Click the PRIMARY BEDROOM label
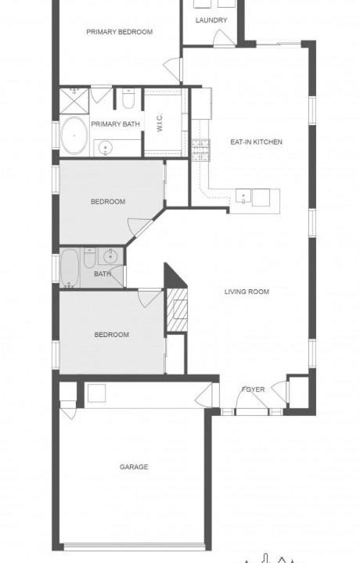tap(119, 32)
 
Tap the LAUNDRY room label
tap(211, 20)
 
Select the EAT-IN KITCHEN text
tap(256, 142)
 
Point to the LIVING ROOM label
tap(247, 292)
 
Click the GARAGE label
tap(134, 467)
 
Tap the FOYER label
tap(254, 389)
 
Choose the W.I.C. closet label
tap(160, 123)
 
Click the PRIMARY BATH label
tap(115, 124)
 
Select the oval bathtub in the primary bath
tap(74, 135)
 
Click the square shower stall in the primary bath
tap(74, 101)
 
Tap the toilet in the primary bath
tap(128, 99)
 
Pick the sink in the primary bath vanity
tap(106, 148)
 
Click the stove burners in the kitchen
tap(201, 149)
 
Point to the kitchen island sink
tap(243, 195)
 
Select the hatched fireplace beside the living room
tap(177, 310)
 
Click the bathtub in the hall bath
tap(70, 268)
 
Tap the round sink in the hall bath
tap(110, 256)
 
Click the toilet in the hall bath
tap(89, 258)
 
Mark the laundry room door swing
tap(224, 38)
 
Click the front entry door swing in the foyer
tap(251, 400)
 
